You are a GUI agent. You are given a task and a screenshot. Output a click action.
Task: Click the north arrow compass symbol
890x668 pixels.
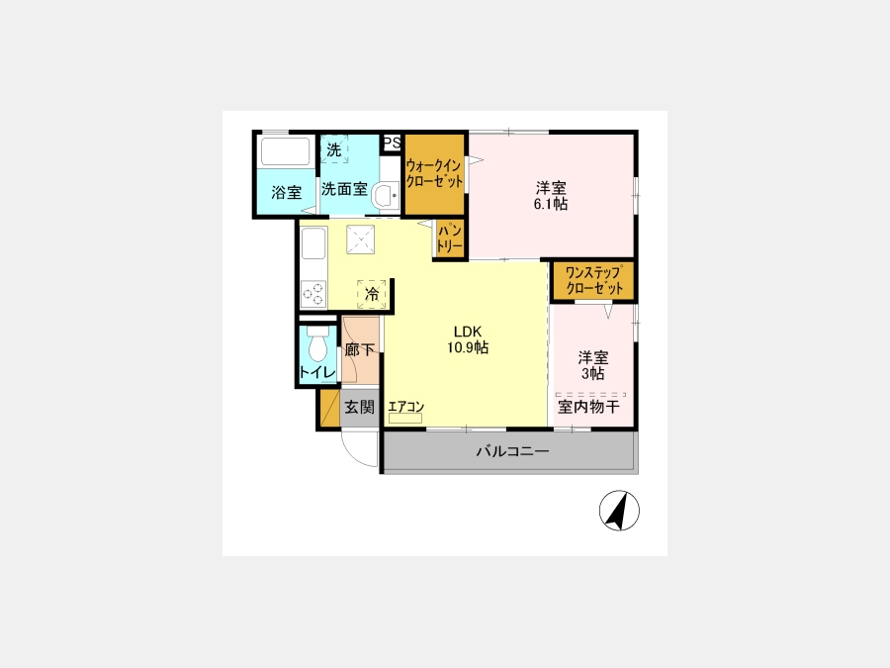[x=619, y=510]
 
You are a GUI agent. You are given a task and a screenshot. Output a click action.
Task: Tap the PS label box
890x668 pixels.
[x=392, y=142]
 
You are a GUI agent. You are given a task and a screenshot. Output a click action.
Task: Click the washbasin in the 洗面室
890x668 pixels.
[x=389, y=196]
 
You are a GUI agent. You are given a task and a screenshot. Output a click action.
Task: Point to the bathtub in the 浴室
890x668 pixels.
[x=286, y=151]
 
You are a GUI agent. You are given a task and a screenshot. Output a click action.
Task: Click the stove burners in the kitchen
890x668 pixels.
[x=313, y=294]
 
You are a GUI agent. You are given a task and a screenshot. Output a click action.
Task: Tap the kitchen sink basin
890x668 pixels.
[x=313, y=243]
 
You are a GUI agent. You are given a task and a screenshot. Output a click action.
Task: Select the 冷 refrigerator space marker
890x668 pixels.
[x=372, y=294]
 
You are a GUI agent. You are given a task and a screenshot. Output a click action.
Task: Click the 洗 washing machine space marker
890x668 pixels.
[x=334, y=149]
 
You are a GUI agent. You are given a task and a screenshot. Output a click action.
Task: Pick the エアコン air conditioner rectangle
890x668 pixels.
[x=405, y=418]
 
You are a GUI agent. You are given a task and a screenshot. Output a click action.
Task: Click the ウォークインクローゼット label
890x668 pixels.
[x=434, y=173]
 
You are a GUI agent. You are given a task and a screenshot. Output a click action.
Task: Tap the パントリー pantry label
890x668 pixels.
[x=450, y=239]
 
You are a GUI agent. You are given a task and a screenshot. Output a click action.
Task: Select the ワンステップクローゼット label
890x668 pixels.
[x=593, y=280]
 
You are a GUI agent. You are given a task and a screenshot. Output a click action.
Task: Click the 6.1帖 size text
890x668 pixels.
[x=551, y=204]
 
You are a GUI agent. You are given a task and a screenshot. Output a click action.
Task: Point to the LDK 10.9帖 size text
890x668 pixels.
[x=468, y=339]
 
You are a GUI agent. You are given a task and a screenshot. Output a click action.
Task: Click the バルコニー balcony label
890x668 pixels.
[x=512, y=451]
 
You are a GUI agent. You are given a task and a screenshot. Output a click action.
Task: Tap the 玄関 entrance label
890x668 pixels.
[x=360, y=407]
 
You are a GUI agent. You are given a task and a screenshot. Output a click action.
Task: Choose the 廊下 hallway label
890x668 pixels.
[x=360, y=350]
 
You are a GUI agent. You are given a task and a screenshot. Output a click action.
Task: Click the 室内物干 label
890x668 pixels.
[x=588, y=407]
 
